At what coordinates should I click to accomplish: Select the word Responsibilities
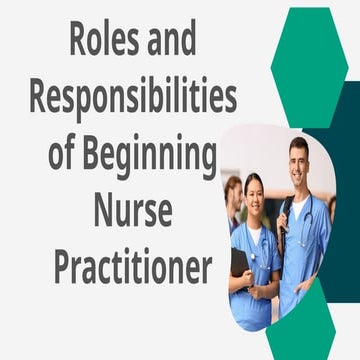click(x=133, y=98)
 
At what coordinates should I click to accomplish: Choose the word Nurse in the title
click(x=133, y=213)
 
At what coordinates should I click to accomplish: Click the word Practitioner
click(x=133, y=269)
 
